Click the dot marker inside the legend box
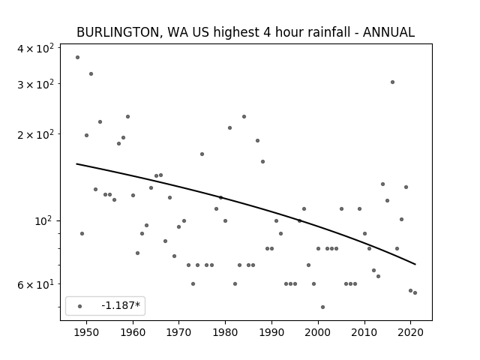coord(79,305)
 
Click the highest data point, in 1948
coord(77,57)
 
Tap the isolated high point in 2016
coord(392,82)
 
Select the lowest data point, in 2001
coord(322,307)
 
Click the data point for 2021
coord(415,292)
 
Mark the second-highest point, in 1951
coord(91,73)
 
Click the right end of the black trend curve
coord(415,264)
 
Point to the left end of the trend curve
coord(77,163)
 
